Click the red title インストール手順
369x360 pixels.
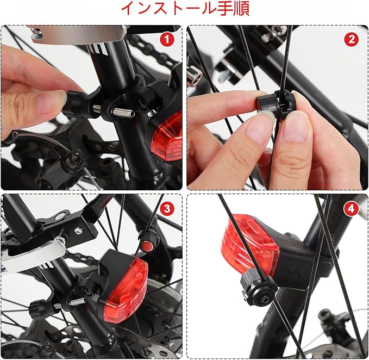pyautogui.click(x=185, y=9)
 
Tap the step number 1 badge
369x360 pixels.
pyautogui.click(x=167, y=40)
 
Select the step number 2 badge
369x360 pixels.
pyautogui.click(x=352, y=40)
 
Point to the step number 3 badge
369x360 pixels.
pyautogui.click(x=167, y=208)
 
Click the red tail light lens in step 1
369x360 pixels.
pyautogui.click(x=167, y=138)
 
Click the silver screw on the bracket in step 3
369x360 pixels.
pyautogui.click(x=78, y=230)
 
